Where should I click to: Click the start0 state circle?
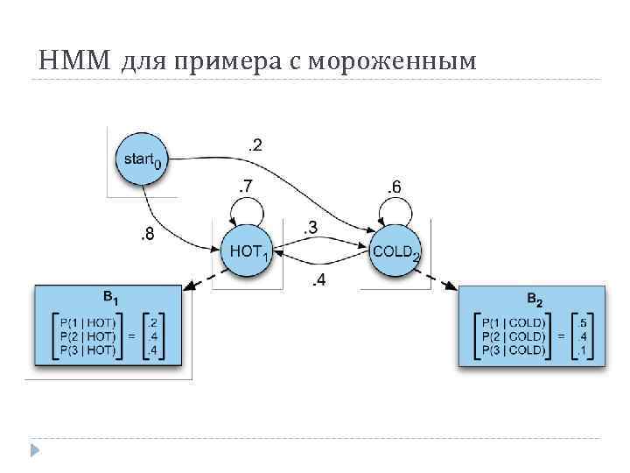pyautogui.click(x=140, y=159)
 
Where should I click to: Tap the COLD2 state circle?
pyautogui.click(x=395, y=251)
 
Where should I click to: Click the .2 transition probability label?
pyautogui.click(x=255, y=144)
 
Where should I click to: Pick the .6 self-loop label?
pyautogui.click(x=394, y=186)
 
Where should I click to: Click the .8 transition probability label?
pyautogui.click(x=149, y=234)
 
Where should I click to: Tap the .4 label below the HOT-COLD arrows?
pyautogui.click(x=319, y=280)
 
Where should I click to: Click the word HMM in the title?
pyautogui.click(x=75, y=60)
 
